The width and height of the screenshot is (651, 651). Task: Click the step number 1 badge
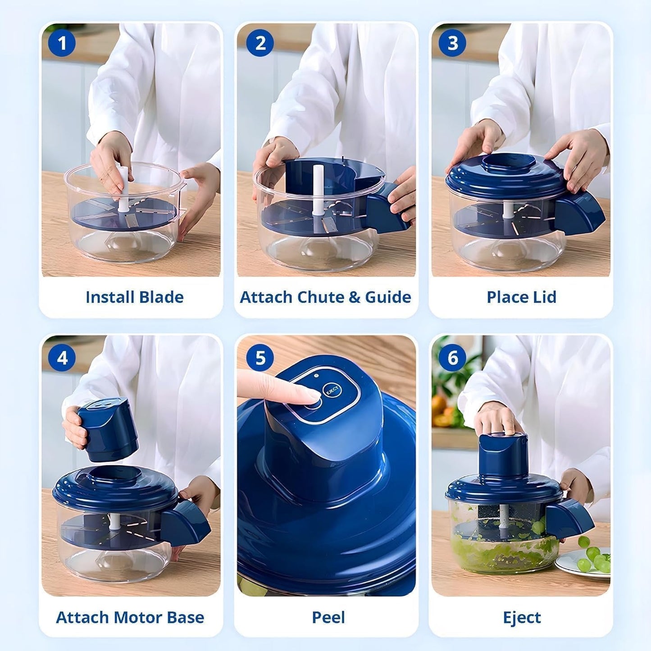(x=62, y=43)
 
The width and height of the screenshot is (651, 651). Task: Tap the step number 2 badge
(x=260, y=43)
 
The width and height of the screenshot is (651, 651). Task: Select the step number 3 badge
(x=452, y=43)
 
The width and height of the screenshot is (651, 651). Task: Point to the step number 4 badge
(x=62, y=358)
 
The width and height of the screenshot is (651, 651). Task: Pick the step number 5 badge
(x=260, y=358)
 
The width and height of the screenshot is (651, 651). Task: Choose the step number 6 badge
(x=452, y=358)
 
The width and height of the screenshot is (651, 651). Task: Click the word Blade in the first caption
(x=161, y=297)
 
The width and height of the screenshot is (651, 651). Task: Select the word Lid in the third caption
(x=545, y=297)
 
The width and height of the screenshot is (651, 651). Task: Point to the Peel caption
(x=328, y=617)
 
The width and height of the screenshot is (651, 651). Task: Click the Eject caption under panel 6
(x=522, y=617)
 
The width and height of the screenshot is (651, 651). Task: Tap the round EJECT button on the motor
(x=332, y=391)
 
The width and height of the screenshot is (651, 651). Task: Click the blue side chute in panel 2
(x=387, y=207)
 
